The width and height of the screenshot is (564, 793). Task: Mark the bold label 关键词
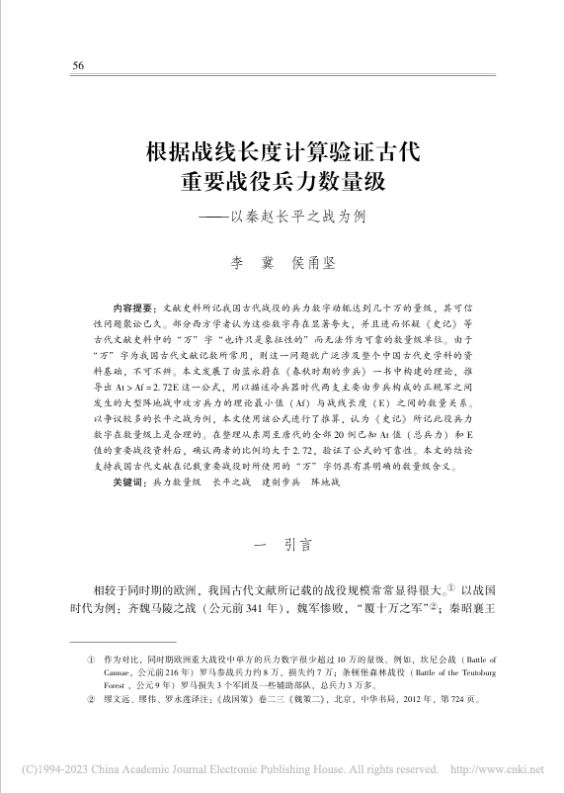tap(131, 482)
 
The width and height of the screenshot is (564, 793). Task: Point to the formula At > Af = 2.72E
tap(169, 389)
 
